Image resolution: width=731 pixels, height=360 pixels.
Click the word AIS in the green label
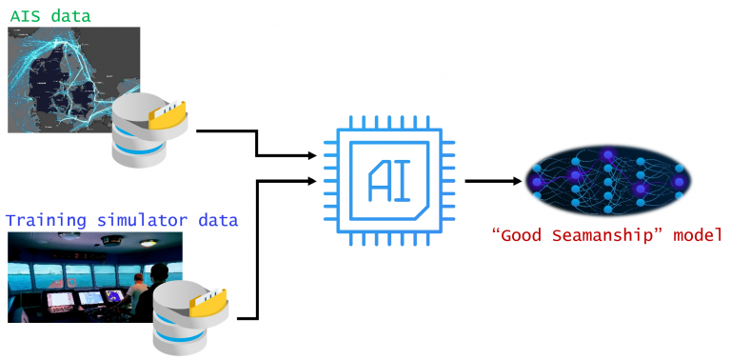click(x=26, y=13)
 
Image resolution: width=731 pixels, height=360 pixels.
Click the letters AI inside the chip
click(x=390, y=179)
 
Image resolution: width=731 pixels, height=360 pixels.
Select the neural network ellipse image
click(x=608, y=179)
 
